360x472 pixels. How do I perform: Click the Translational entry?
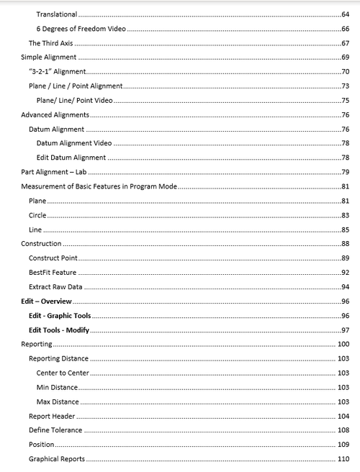click(x=57, y=14)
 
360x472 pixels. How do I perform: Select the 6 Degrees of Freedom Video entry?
click(x=81, y=29)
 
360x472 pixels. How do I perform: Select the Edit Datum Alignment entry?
click(x=71, y=158)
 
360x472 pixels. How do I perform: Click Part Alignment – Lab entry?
click(x=54, y=172)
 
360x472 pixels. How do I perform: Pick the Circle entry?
click(x=37, y=215)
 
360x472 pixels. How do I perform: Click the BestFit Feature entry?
click(x=53, y=272)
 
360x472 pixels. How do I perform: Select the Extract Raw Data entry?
click(x=55, y=286)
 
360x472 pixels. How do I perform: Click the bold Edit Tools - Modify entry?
click(x=58, y=330)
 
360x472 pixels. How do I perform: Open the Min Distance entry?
click(x=57, y=387)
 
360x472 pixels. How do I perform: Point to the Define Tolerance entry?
click(x=55, y=430)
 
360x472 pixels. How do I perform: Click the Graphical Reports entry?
click(x=56, y=459)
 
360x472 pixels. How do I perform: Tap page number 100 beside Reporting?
click(x=343, y=345)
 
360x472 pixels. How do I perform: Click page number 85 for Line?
click(x=346, y=230)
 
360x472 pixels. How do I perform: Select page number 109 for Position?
click(x=343, y=445)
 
